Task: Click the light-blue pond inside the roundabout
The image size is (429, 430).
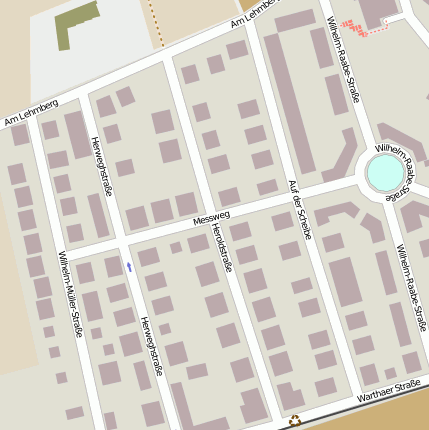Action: (386, 174)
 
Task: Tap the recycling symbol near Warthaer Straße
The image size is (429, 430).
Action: (295, 421)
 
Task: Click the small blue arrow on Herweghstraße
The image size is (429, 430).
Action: (129, 266)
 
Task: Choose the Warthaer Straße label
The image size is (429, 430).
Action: (388, 391)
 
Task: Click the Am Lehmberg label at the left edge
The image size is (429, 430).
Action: (32, 113)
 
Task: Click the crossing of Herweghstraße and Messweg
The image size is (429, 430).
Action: (121, 239)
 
